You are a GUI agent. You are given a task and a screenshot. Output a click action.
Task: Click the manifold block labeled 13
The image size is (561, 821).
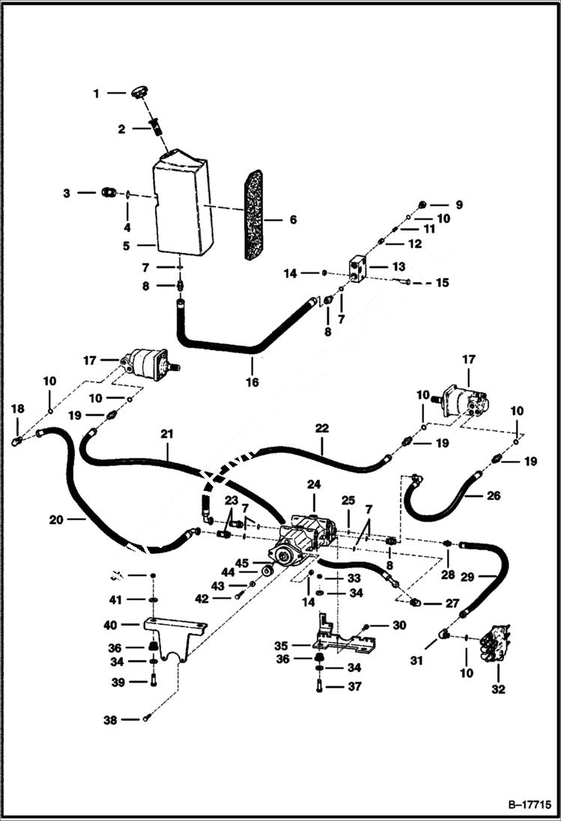[357, 267]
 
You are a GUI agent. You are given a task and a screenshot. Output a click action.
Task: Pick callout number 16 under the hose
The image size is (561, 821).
[252, 381]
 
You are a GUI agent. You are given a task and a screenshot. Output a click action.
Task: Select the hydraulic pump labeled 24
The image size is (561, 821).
[307, 535]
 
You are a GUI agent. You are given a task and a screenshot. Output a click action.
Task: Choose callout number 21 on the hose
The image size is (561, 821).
[167, 433]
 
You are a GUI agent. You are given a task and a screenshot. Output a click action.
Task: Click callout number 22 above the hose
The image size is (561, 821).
[322, 428]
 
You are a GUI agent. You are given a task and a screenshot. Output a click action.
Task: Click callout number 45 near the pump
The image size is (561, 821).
[241, 563]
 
